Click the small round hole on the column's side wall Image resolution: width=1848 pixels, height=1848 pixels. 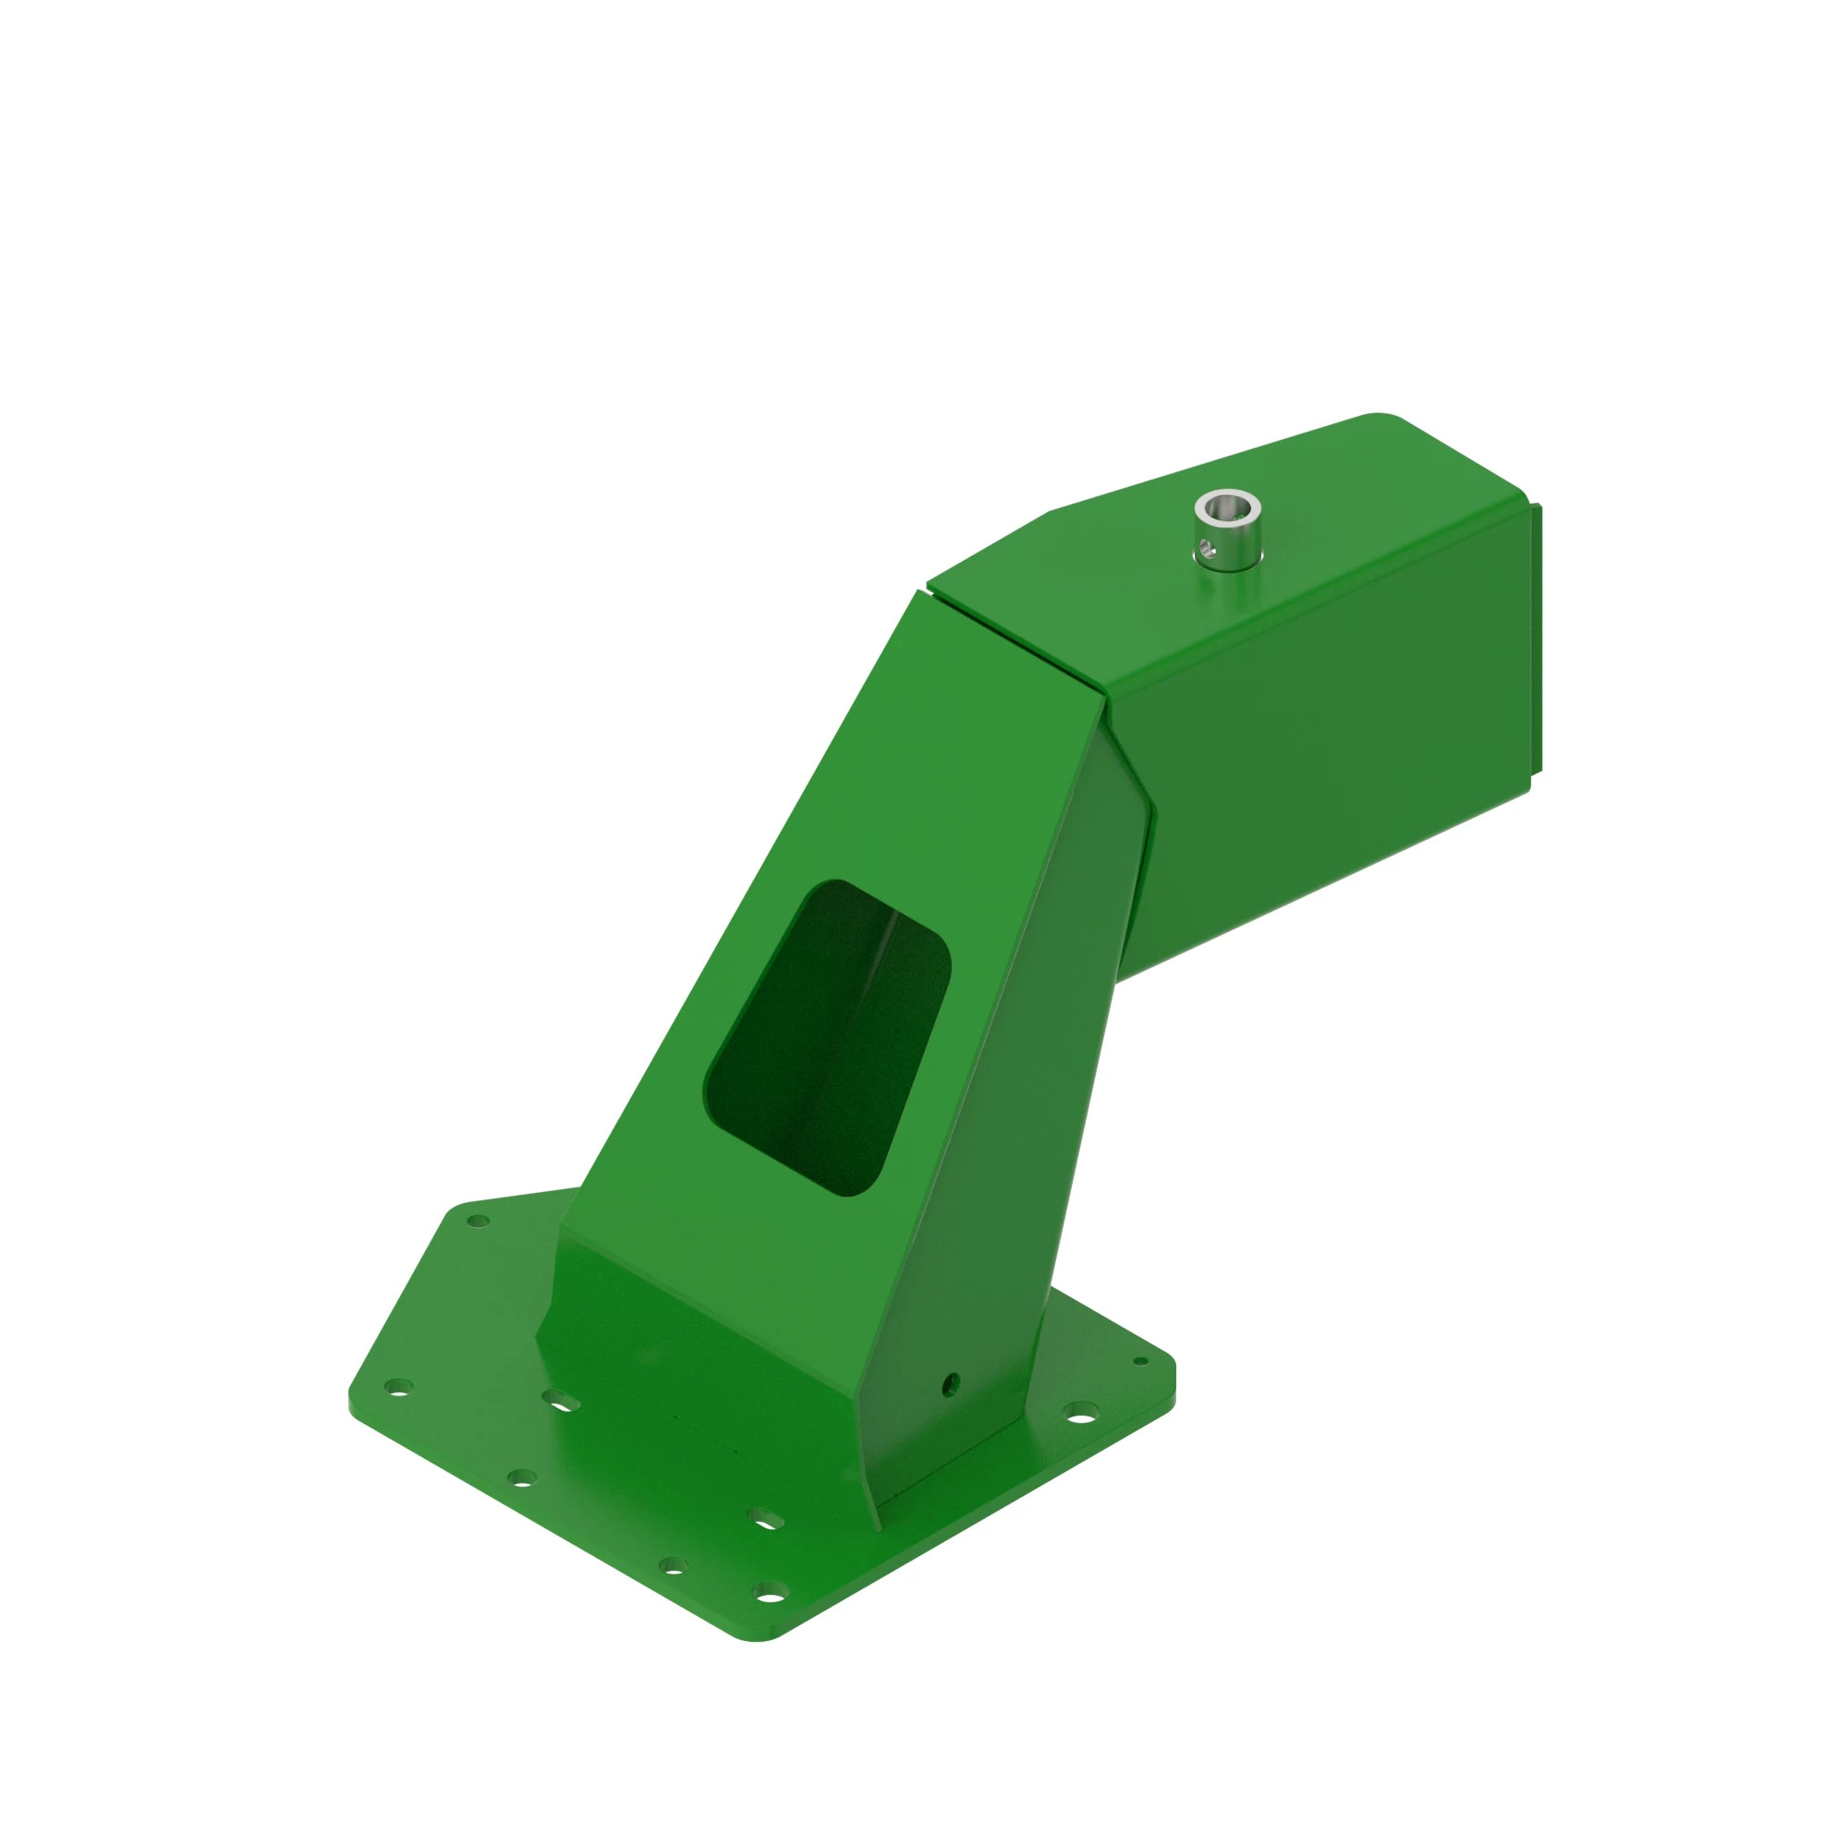click(x=950, y=1381)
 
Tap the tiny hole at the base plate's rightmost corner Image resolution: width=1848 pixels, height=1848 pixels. click(x=1139, y=1360)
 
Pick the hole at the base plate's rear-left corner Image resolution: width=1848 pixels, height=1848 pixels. click(x=479, y=1221)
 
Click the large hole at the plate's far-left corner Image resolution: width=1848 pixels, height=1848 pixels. click(x=398, y=1386)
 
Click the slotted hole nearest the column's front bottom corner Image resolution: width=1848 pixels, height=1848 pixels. click(x=765, y=1518)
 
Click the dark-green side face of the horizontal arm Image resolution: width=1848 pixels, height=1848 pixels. click(x=1339, y=765)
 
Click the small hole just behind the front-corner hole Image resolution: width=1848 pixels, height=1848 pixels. click(x=674, y=1566)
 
